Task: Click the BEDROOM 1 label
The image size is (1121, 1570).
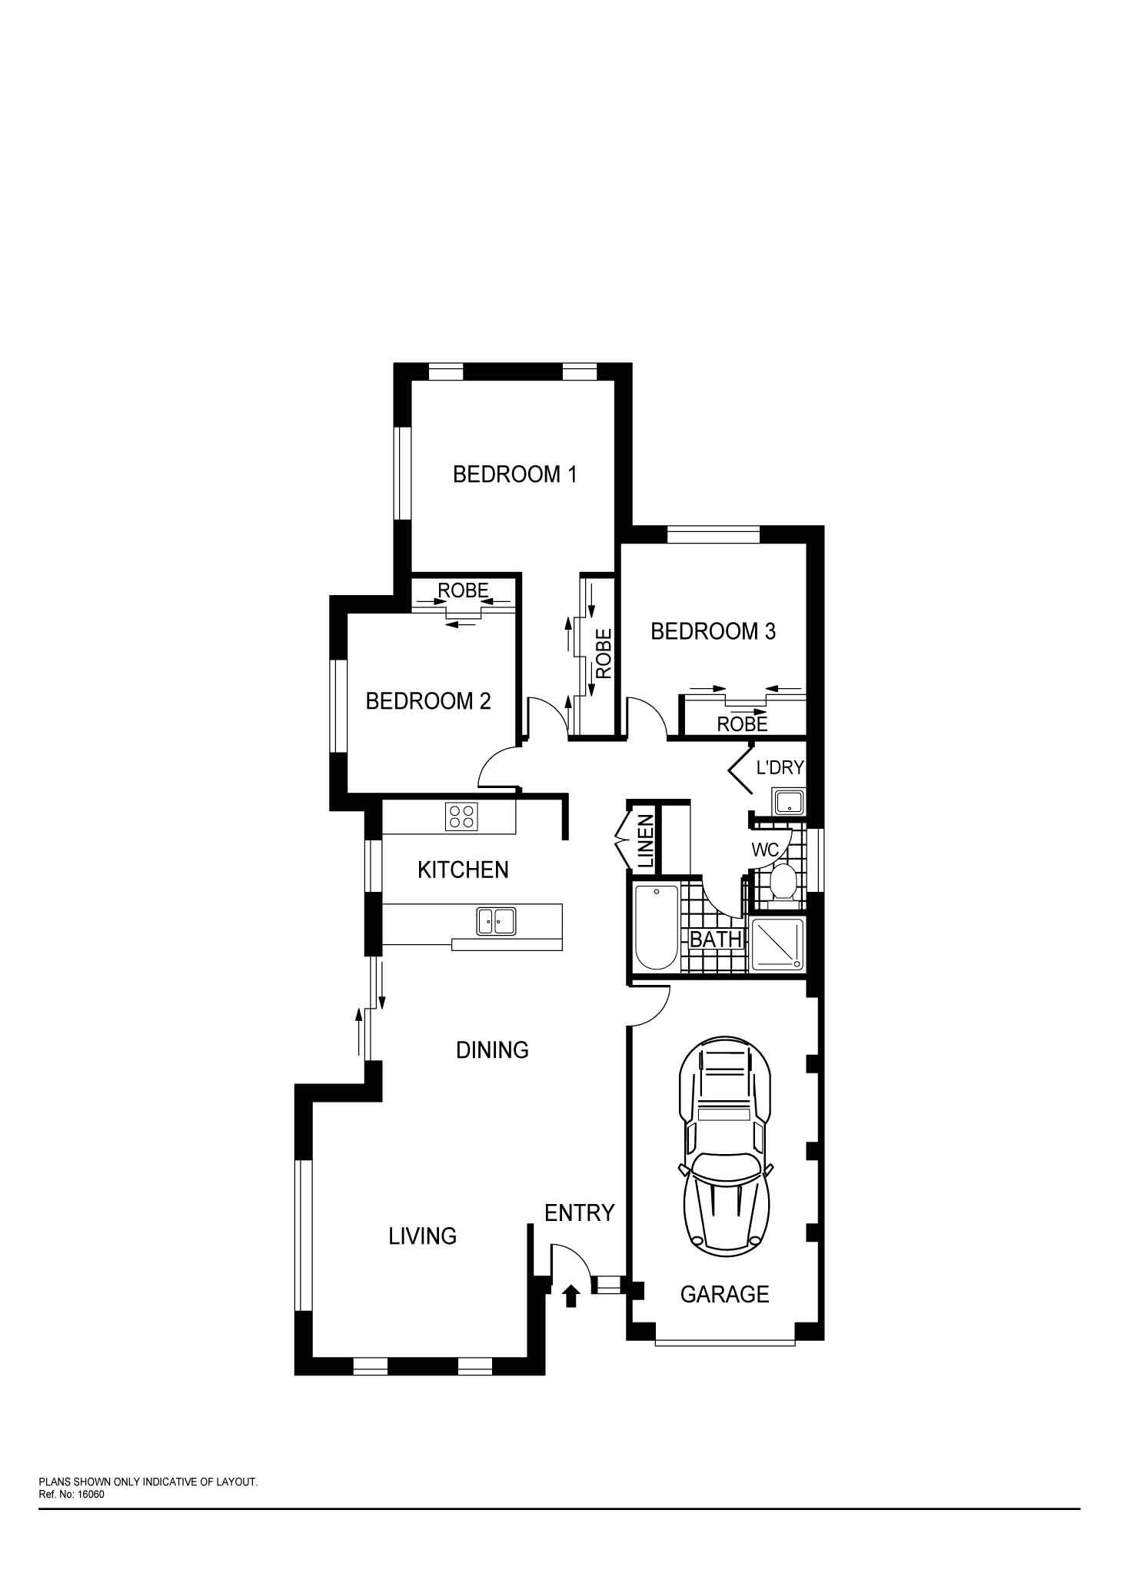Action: coord(514,474)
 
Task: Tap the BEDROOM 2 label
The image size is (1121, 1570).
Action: coord(428,701)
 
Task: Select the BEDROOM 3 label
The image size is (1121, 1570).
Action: coord(713,631)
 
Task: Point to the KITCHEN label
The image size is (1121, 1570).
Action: coord(463,870)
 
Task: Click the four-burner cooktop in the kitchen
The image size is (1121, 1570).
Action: coord(461,816)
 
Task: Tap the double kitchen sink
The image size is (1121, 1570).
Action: coord(496,920)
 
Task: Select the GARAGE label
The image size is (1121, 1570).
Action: coord(724,1295)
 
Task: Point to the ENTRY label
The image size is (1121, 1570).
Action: coord(579,1213)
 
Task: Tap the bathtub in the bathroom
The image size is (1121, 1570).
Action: coord(657,927)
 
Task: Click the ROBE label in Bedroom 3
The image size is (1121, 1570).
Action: coord(742,723)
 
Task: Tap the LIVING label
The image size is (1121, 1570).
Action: coord(422,1236)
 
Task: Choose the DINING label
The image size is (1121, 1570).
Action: coord(492,1050)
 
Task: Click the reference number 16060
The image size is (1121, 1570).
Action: coord(91,1495)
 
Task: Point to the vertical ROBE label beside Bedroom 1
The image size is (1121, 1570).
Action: coord(604,654)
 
